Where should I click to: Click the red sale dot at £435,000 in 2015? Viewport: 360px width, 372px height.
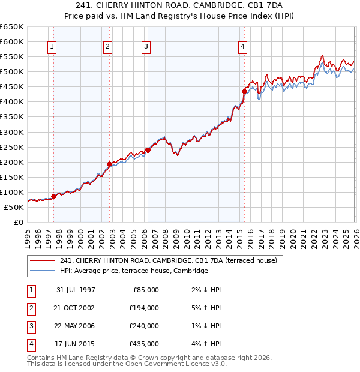click(x=244, y=91)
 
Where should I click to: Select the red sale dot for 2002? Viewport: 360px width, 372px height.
click(x=109, y=164)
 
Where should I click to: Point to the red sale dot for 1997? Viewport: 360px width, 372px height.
click(x=53, y=196)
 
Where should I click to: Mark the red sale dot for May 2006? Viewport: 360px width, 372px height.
click(x=147, y=150)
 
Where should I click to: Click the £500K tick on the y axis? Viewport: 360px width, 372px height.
click(x=12, y=72)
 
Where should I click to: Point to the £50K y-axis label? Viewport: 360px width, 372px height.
click(x=14, y=207)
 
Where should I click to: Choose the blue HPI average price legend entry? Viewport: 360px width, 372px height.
click(x=134, y=271)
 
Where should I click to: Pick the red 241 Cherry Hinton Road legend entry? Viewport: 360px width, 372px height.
click(x=168, y=261)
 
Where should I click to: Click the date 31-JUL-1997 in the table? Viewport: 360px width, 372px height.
click(x=76, y=290)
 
